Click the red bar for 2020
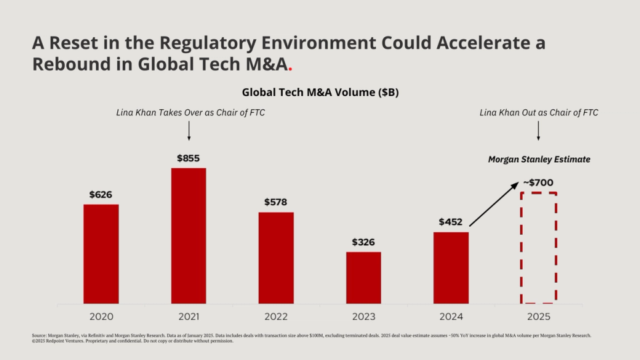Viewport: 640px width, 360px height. click(101, 253)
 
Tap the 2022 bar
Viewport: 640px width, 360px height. click(276, 257)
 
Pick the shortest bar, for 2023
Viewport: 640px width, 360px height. click(363, 277)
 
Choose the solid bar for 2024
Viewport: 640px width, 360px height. click(451, 267)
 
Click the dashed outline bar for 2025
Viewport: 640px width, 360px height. click(539, 248)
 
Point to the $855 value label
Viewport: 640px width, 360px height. click(189, 159)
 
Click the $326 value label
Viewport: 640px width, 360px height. click(363, 242)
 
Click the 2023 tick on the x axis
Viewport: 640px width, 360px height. click(363, 316)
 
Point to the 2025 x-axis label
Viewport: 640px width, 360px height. click(538, 316)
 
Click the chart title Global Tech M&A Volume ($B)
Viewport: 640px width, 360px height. click(320, 93)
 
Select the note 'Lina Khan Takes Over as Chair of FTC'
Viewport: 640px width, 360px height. click(190, 113)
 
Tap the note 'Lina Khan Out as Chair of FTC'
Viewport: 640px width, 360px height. click(539, 113)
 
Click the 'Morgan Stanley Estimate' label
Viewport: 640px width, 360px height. click(539, 160)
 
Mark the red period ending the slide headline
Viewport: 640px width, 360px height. click(290, 69)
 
